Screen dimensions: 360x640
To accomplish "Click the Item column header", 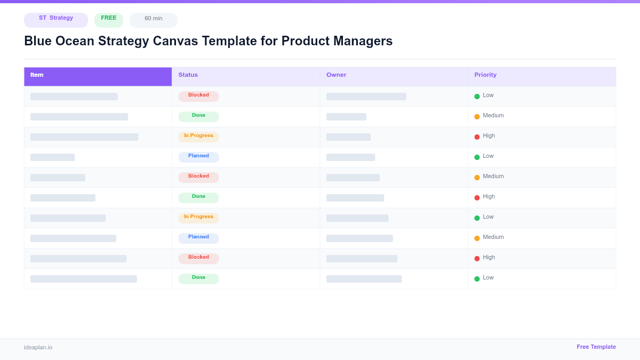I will coord(37,75).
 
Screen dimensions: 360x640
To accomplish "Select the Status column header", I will coord(188,75).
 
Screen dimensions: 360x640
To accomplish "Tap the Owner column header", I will coord(336,75).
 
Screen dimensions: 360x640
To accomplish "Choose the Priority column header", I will coord(485,75).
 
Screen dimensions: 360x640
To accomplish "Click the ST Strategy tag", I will coord(56,19).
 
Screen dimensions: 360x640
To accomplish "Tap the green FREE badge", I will coord(109,19).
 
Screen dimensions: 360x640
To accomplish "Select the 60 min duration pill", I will coord(154,19).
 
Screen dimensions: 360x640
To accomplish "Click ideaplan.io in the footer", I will coord(38,348).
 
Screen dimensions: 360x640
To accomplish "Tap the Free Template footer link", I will coord(596,347).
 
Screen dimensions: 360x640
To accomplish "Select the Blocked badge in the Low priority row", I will coord(198,96).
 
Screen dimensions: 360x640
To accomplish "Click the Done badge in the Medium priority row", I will coord(198,116).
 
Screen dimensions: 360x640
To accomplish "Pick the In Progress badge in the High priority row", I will coord(198,137).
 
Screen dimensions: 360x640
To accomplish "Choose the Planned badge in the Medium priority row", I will coord(198,238).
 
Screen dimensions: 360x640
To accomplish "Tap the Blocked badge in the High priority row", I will coord(198,258).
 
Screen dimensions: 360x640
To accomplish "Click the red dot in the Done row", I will coord(477,198).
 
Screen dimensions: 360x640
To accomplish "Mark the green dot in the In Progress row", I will coord(477,218).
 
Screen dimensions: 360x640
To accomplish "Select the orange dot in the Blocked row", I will coord(477,178).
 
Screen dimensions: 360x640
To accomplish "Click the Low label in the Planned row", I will coord(488,156).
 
